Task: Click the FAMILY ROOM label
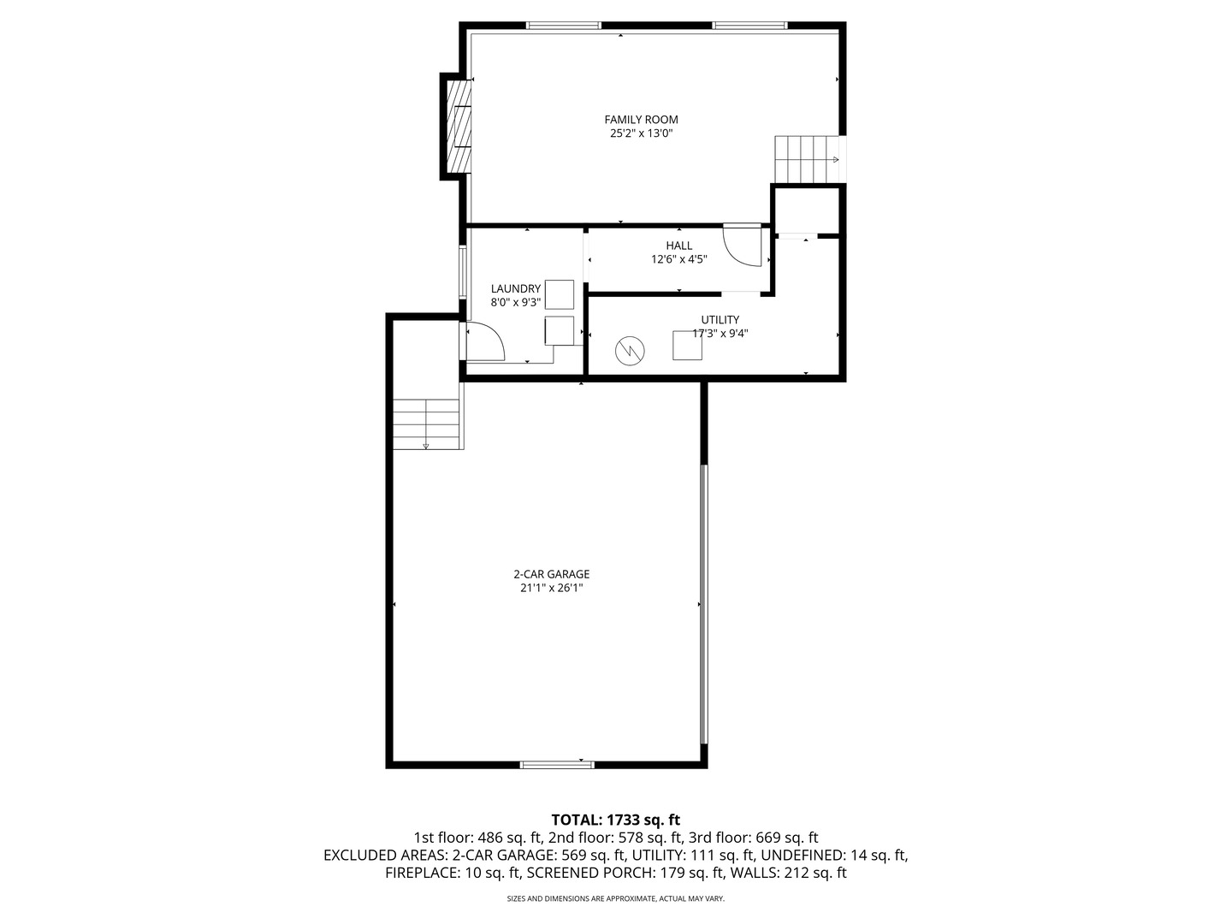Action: point(641,120)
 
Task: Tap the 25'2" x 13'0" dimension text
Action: point(641,133)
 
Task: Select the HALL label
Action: point(679,246)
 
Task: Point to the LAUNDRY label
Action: point(515,289)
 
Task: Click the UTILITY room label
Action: point(720,320)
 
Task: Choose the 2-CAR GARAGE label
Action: point(551,575)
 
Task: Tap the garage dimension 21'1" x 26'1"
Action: point(551,589)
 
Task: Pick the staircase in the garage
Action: point(428,424)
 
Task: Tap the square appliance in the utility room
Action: point(687,345)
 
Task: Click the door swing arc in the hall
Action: point(742,246)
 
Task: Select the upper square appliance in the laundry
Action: point(560,294)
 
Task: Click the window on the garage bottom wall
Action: point(557,764)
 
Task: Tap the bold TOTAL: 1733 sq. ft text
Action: point(615,820)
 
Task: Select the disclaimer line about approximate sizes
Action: point(615,899)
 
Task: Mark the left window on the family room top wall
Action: point(563,26)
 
